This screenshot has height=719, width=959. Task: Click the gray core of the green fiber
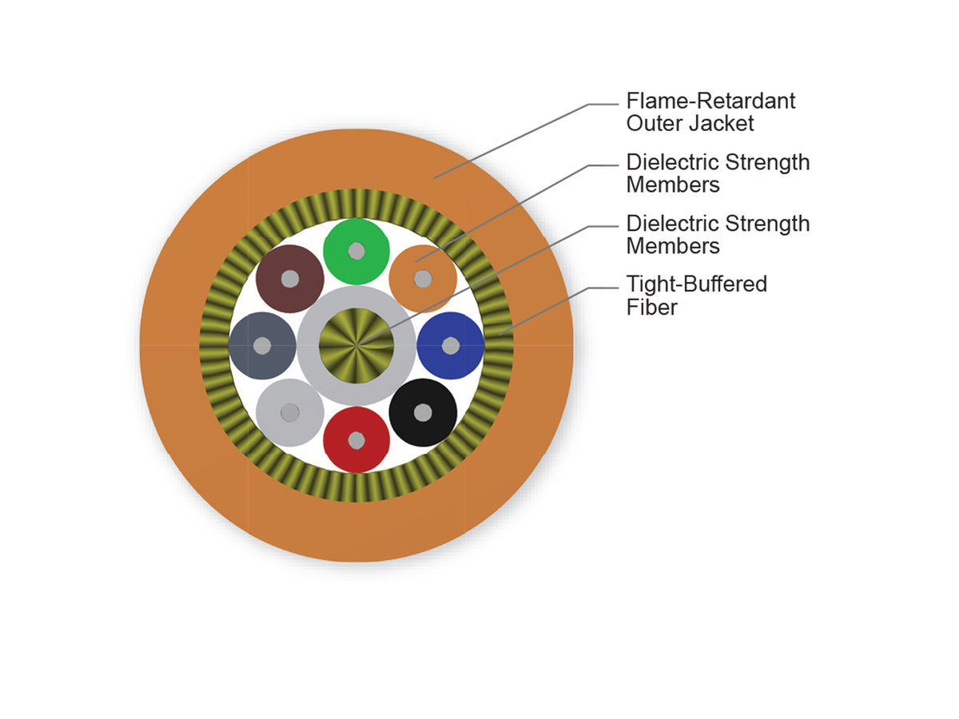pyautogui.click(x=356, y=251)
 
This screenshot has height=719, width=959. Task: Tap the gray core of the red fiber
pyautogui.click(x=356, y=440)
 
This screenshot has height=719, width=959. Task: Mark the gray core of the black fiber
pyautogui.click(x=423, y=412)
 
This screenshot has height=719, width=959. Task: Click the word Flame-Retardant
pyautogui.click(x=710, y=101)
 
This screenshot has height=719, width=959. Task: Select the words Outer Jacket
pyautogui.click(x=690, y=124)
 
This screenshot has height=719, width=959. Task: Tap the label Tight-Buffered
pyautogui.click(x=696, y=284)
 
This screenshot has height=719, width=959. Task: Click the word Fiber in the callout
pyautogui.click(x=651, y=307)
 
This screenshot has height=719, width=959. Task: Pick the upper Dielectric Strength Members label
pyautogui.click(x=717, y=173)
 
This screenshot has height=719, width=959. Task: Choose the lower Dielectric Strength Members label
pyautogui.click(x=717, y=234)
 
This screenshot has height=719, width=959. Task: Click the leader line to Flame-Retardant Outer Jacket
pyautogui.click(x=519, y=136)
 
